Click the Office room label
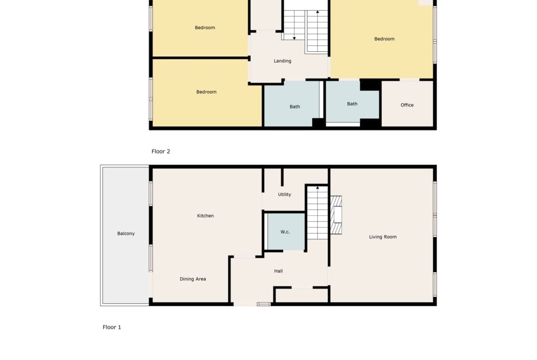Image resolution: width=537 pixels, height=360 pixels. click(407, 105)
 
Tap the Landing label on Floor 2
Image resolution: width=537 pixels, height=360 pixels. click(283, 61)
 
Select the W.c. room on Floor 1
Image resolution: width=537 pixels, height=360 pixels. click(285, 232)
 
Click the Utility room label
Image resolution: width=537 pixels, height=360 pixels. click(284, 194)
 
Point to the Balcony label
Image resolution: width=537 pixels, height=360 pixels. click(126, 233)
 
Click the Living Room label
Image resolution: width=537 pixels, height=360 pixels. click(382, 237)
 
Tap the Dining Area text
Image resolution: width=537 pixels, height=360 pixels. click(193, 279)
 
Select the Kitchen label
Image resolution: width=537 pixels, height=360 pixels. click(206, 216)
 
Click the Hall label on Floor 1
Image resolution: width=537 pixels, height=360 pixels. click(279, 271)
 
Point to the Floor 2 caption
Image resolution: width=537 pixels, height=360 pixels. click(161, 151)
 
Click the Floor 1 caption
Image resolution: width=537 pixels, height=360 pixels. click(112, 327)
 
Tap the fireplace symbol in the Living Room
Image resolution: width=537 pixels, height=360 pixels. click(336, 215)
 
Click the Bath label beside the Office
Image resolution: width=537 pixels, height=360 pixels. click(352, 104)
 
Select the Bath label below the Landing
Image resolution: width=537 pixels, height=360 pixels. click(295, 107)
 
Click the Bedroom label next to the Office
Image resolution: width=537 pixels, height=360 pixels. click(384, 39)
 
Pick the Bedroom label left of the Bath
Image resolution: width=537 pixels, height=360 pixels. click(206, 92)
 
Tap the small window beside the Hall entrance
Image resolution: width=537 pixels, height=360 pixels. click(263, 304)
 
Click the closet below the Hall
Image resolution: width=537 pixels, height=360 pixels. click(302, 295)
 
